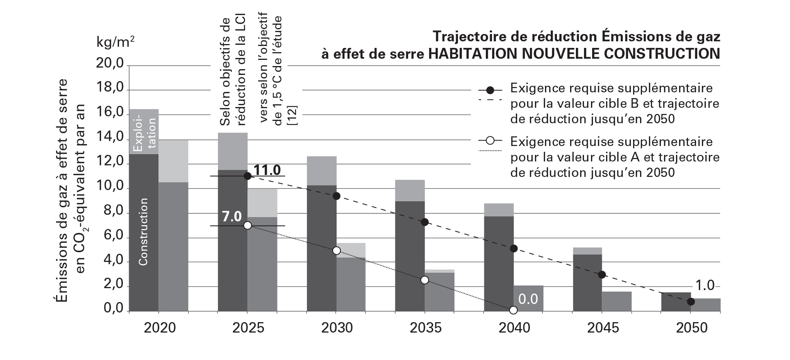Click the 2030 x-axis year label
337,328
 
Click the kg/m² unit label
116,42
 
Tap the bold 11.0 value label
267,170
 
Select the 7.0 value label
232,217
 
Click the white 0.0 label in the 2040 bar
528,299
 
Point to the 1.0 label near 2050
705,286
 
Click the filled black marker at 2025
248,176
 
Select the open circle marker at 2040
513,310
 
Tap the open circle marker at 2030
336,251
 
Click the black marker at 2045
602,275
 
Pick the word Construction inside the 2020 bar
143,232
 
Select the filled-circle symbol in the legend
490,90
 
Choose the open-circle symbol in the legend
490,140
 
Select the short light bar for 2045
616,301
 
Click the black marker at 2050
691,302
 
